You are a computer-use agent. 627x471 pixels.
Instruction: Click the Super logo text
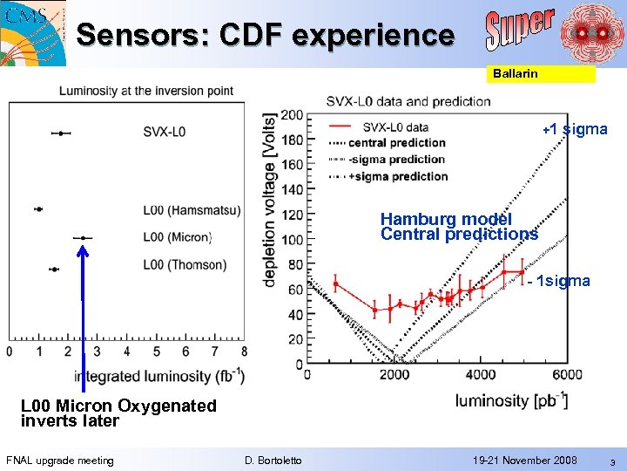coord(519,30)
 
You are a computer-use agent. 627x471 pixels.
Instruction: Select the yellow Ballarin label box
coord(539,74)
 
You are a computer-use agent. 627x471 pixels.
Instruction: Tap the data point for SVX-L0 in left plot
coord(60,133)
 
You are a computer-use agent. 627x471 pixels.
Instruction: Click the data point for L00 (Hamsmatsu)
coord(38,209)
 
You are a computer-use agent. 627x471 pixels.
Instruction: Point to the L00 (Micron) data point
coord(82,237)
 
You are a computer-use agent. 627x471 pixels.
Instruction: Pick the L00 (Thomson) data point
coord(54,270)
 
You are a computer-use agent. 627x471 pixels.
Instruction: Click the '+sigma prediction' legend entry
coord(398,176)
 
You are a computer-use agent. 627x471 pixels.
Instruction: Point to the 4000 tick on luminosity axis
coord(481,375)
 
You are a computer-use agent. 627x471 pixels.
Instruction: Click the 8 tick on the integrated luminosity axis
coord(243,352)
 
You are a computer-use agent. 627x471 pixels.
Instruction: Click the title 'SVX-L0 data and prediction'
coord(408,101)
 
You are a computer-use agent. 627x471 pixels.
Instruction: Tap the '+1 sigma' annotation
coord(575,130)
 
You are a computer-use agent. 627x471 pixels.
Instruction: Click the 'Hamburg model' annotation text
coord(446,219)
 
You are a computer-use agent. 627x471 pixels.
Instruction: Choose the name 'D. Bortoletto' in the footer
coord(273,460)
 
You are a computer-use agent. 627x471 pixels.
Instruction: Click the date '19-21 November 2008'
coord(525,460)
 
